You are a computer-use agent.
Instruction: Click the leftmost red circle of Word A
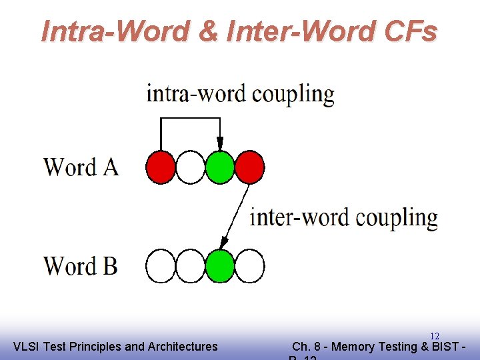coord(161,167)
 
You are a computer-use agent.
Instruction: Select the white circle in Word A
coord(191,167)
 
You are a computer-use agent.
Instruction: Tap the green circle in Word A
coord(220,167)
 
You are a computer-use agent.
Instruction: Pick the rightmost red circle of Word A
coord(250,167)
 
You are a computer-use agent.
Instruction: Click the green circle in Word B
coord(220,266)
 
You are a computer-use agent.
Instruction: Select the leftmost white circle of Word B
coord(161,266)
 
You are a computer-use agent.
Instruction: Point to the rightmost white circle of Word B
coord(250,266)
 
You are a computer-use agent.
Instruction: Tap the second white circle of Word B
coord(191,266)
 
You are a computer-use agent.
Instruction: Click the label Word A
coord(81,167)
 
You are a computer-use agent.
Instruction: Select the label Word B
coord(81,266)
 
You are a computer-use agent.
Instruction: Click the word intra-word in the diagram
coord(196,94)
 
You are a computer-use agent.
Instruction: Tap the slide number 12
coord(434,336)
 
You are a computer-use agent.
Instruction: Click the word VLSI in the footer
coord(26,346)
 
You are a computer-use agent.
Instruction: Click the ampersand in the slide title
coord(209,31)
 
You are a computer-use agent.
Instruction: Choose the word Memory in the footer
coord(353,346)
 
